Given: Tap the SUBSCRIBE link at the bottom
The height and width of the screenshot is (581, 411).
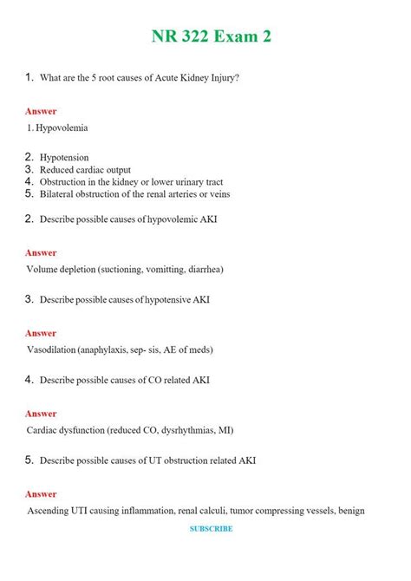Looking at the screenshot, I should [x=212, y=528].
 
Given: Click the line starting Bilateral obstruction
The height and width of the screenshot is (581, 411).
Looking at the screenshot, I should [x=134, y=194].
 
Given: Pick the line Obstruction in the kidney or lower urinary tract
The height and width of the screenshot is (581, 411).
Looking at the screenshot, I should [x=131, y=182].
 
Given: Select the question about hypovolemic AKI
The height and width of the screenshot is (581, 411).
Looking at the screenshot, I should [x=128, y=219].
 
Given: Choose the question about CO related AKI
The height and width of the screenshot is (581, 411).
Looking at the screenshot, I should [x=124, y=380].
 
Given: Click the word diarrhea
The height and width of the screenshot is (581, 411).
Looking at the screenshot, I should [x=202, y=269].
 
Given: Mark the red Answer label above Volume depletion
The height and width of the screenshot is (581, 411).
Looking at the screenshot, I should [x=41, y=252].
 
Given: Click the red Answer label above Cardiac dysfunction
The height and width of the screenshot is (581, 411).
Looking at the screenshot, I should [x=41, y=414].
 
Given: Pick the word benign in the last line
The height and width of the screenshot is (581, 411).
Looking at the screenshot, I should [x=349, y=510].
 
